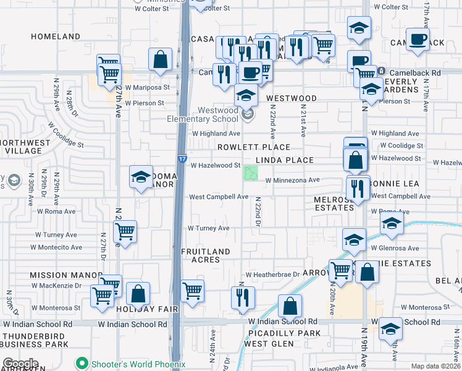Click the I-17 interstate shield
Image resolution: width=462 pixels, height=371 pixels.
pos(182,159)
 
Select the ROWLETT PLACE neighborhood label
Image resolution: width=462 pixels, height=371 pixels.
pos(253,147)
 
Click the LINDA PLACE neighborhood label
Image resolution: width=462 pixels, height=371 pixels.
pos(285,160)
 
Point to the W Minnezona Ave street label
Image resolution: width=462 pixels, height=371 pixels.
pos(292,181)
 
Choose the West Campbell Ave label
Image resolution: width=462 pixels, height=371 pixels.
pos(219,197)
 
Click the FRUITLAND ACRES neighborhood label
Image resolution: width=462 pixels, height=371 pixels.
pos(206,255)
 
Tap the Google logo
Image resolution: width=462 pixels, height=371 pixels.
pos(20,364)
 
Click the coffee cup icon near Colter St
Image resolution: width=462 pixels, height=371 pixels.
pos(418,39)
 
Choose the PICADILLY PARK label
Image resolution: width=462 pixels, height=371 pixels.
pos(284,333)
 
